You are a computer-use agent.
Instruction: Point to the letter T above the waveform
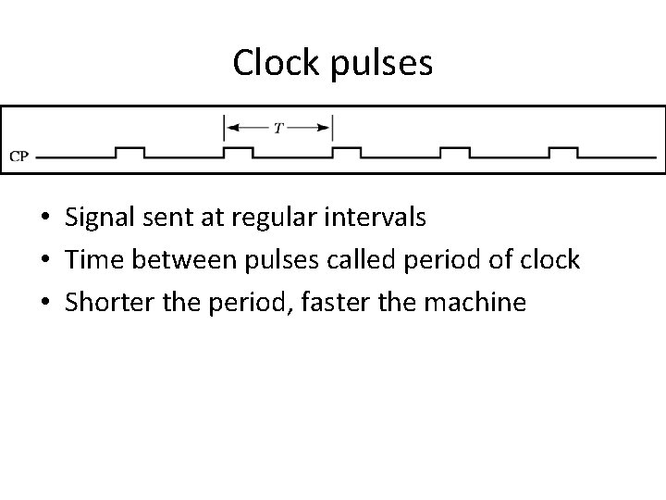click(x=277, y=127)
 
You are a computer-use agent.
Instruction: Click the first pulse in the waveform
click(x=129, y=150)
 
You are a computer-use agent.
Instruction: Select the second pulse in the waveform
click(x=238, y=150)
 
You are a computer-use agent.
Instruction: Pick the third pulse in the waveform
click(x=346, y=150)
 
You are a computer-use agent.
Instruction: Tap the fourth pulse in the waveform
click(x=454, y=150)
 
